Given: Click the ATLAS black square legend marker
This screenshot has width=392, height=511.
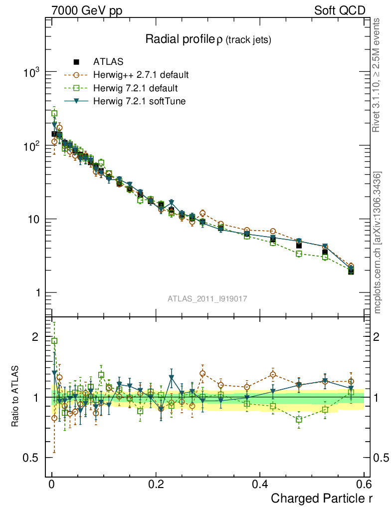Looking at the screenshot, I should click(76, 62).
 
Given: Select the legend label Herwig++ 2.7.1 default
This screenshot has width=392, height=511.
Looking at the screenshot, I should click(141, 75).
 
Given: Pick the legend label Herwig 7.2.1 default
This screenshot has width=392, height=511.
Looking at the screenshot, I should click(135, 88).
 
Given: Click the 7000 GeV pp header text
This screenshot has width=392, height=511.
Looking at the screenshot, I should click(86, 10).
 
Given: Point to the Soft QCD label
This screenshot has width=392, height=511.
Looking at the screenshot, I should click(340, 10).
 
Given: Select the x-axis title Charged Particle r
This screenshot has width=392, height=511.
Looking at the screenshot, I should click(321, 498).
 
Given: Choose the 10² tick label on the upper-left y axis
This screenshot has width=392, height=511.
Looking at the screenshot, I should click(32, 146).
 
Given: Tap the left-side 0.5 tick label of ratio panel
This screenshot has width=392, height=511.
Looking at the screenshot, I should click(31, 458).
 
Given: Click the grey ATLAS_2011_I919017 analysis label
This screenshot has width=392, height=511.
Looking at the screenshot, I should click(207, 298).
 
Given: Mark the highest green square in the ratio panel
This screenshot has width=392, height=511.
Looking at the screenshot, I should click(54, 341).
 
